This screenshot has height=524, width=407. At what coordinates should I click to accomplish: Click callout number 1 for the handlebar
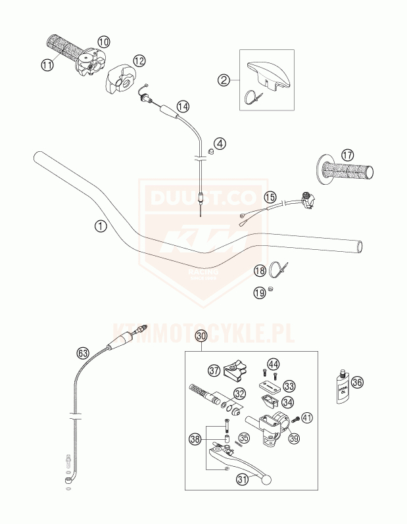(99, 227)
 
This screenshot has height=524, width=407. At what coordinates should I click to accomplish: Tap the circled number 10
(104, 41)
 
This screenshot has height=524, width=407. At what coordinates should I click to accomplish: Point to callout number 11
(46, 64)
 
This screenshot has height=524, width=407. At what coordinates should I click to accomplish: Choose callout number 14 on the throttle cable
(182, 106)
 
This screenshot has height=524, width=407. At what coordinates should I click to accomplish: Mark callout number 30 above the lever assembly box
(201, 336)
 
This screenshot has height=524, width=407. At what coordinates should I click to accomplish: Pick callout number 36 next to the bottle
(358, 382)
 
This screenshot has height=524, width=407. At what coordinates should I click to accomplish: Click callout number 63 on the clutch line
(82, 352)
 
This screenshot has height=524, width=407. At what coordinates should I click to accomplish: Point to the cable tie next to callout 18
(278, 269)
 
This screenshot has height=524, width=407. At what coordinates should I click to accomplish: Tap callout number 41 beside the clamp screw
(308, 416)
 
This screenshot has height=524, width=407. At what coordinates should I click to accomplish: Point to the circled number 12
(139, 60)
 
